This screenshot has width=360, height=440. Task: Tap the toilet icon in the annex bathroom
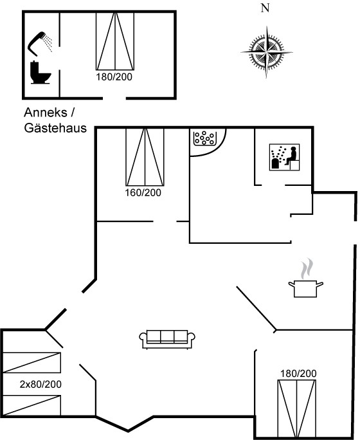pyautogui.click(x=40, y=73)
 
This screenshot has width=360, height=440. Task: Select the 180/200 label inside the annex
pyautogui.click(x=114, y=77)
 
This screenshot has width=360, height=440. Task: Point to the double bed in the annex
pyautogui.click(x=115, y=41)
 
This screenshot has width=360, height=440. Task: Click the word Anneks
pyautogui.click(x=46, y=113)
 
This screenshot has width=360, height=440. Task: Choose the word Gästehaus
pyautogui.click(x=55, y=128)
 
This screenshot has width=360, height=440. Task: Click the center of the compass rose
pyautogui.click(x=266, y=52)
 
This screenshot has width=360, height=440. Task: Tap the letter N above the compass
pyautogui.click(x=265, y=8)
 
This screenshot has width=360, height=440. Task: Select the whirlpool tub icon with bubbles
pyautogui.click(x=204, y=138)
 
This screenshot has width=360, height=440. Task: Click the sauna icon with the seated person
pyautogui.click(x=284, y=157)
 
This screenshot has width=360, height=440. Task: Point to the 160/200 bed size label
pyautogui.click(x=143, y=193)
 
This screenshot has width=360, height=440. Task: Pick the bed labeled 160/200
pyautogui.click(x=145, y=157)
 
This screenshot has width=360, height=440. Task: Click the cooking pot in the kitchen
pyautogui.click(x=305, y=288)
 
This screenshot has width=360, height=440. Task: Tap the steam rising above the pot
pyautogui.click(x=307, y=269)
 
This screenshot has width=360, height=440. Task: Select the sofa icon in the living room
pyautogui.click(x=167, y=339)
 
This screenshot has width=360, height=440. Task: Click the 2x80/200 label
pyautogui.click(x=40, y=384)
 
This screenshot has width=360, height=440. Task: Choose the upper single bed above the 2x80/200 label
pyautogui.click(x=32, y=363)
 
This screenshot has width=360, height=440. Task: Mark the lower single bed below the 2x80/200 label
pyautogui.click(x=32, y=405)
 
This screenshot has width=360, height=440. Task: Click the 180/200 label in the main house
pyautogui.click(x=298, y=374)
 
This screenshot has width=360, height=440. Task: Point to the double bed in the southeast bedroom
pyautogui.click(x=297, y=408)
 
